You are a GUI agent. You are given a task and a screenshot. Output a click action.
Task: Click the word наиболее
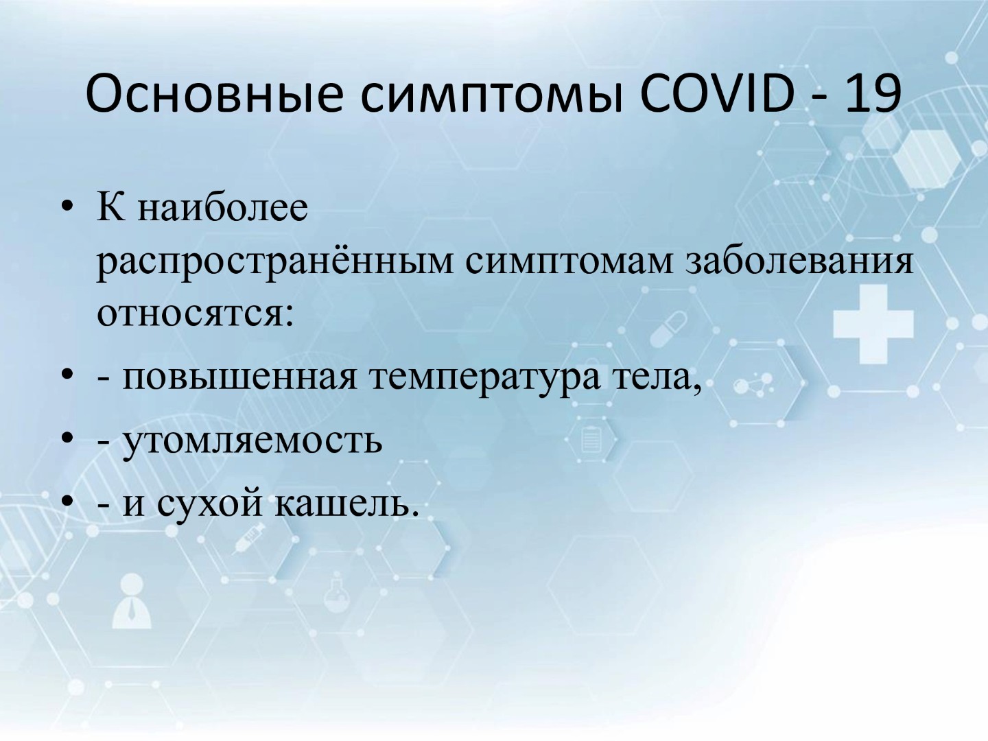tap(223, 208)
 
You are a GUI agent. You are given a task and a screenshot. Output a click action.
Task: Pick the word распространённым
tap(275, 262)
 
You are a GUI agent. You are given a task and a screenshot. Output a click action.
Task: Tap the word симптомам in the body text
tap(569, 263)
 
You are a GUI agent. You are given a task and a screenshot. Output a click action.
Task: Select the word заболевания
tap(799, 262)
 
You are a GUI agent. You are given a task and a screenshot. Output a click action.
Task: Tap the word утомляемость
tap(252, 443)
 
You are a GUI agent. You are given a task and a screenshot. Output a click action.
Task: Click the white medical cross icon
tap(873, 324)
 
